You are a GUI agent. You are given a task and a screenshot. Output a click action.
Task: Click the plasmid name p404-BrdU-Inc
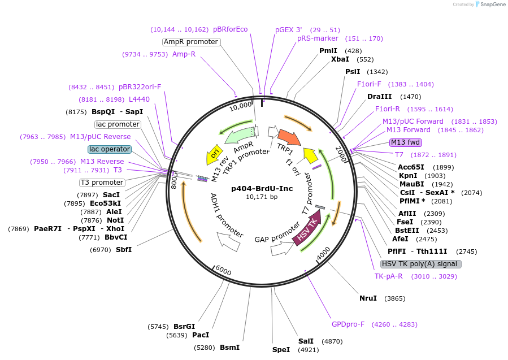262,188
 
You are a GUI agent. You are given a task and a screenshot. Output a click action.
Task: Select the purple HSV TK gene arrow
307,227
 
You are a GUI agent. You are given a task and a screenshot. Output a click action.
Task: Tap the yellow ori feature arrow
214,151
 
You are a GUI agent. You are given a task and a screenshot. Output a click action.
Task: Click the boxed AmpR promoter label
190,42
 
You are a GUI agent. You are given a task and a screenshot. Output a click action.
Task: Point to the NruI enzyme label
368,298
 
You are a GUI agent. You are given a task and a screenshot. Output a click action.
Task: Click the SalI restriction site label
306,341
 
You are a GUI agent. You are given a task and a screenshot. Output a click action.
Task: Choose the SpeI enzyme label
281,349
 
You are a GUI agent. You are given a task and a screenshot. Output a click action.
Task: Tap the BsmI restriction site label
229,348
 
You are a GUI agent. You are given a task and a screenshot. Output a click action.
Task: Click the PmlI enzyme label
328,51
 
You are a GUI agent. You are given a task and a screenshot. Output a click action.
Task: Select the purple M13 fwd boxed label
406,142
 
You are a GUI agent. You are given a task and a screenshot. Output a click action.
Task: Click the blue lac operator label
110,149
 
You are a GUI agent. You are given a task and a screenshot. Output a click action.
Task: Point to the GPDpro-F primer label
348,324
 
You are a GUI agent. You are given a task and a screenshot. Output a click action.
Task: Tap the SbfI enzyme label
124,249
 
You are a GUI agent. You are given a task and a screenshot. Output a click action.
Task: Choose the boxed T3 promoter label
102,183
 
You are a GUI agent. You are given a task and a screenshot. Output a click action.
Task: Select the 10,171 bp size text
262,197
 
